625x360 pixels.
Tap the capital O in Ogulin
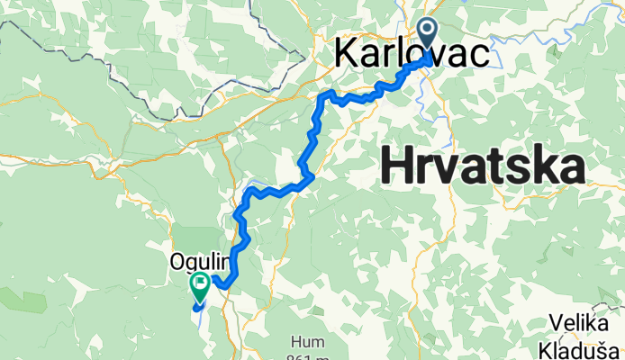tap(177, 262)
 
